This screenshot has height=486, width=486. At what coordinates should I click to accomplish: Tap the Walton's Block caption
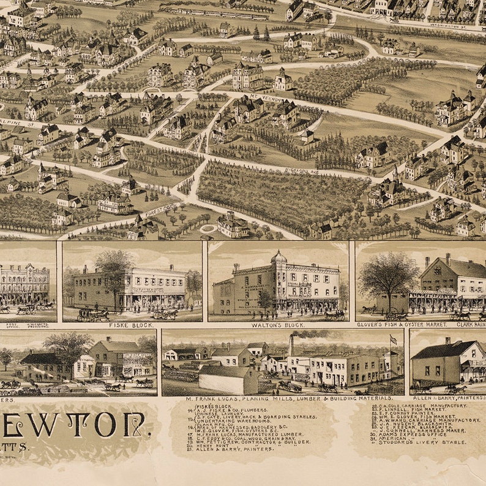coord(278,325)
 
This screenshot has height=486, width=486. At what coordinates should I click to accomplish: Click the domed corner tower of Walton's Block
coord(279,259)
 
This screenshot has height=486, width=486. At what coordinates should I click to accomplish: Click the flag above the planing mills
coord(392,339)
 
